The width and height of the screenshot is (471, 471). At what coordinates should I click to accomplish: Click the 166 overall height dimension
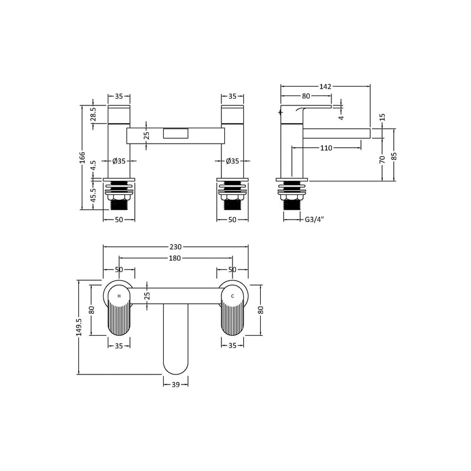(83, 158)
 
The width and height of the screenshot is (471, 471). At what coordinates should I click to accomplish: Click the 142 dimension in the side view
(326, 87)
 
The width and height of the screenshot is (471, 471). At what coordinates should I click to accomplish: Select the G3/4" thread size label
(315, 220)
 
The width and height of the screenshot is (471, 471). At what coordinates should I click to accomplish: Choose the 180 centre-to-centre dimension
(175, 257)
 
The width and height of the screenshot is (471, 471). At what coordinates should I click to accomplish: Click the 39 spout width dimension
(175, 384)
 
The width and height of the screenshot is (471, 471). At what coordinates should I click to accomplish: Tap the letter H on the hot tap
(120, 296)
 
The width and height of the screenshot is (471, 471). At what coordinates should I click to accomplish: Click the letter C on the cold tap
(233, 296)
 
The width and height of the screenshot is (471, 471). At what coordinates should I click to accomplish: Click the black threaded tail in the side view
(293, 204)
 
